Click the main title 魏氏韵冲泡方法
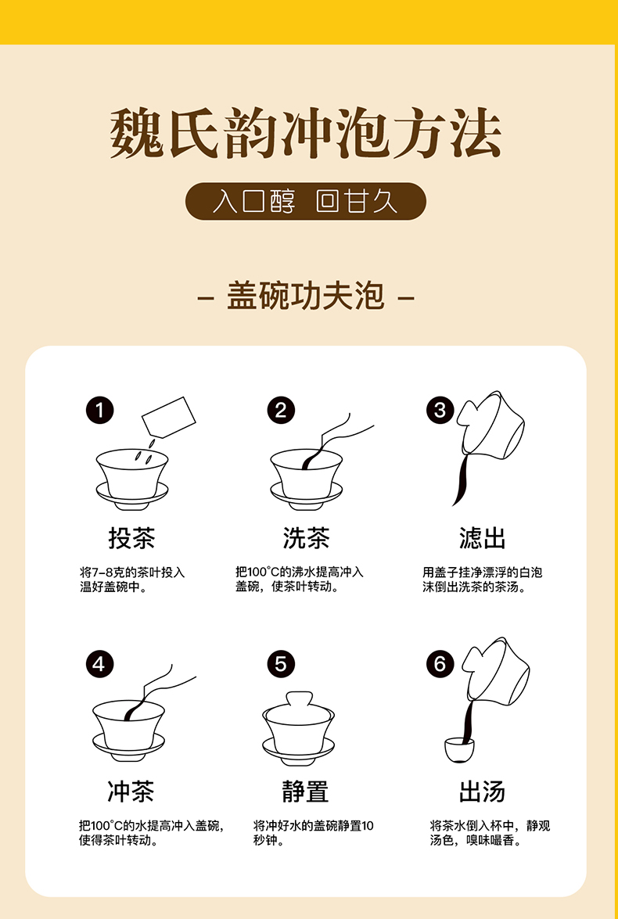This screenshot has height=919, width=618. (306, 134)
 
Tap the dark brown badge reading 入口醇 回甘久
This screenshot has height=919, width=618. (306, 202)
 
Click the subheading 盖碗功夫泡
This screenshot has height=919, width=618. (306, 296)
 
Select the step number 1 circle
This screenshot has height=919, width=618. (99, 411)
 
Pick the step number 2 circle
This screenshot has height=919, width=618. (281, 411)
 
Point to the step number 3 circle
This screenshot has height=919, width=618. (440, 411)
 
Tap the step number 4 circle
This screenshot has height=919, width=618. (99, 665)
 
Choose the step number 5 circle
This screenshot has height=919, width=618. (281, 665)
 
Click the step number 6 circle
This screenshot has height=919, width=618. (440, 665)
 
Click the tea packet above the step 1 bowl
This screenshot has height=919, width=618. (169, 418)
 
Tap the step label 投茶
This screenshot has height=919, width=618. (132, 538)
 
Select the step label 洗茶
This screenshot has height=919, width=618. (306, 538)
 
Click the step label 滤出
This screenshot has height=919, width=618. (483, 538)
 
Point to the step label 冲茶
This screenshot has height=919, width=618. (131, 792)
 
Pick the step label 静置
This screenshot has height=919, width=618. (306, 792)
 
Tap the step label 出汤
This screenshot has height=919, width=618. (483, 792)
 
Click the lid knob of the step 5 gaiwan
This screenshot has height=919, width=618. (299, 700)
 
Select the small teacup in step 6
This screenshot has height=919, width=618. (460, 750)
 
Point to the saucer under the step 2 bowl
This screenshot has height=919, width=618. (307, 494)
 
